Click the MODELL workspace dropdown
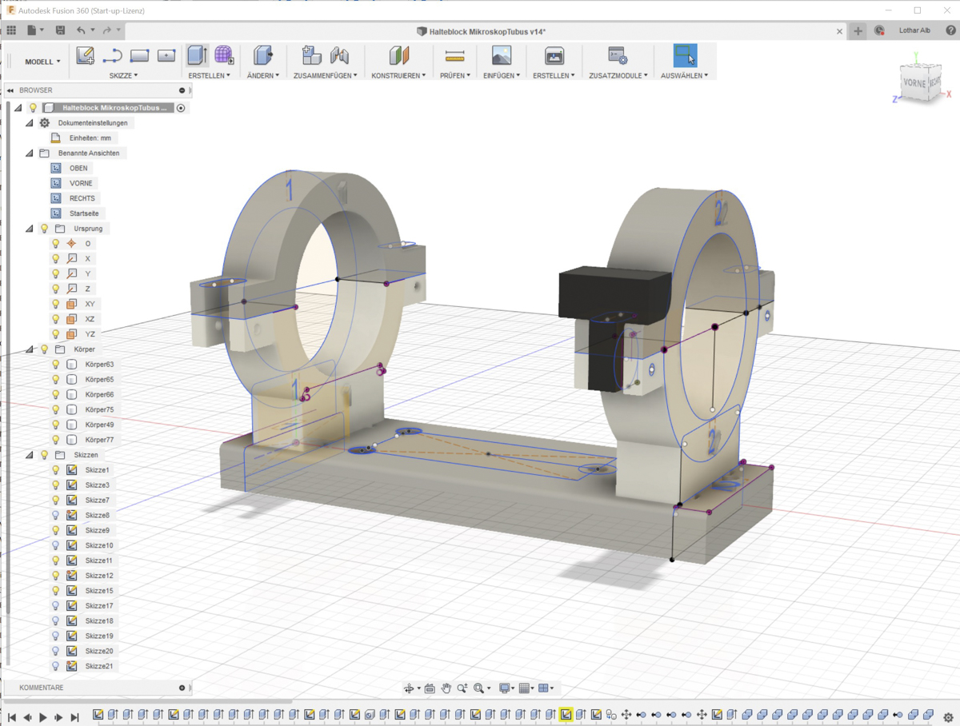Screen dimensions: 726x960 click(42, 62)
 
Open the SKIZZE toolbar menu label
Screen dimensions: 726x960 click(123, 75)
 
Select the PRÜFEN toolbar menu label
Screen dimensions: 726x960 click(454, 75)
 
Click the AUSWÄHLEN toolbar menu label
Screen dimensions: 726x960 click(684, 75)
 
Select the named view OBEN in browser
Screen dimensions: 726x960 click(78, 168)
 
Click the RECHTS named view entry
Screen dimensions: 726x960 click(82, 198)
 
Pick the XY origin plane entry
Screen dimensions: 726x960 click(90, 304)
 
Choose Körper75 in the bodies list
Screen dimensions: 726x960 click(99, 409)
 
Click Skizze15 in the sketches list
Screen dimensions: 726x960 click(99, 591)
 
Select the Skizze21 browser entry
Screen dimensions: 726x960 click(99, 666)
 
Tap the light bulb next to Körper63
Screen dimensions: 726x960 click(56, 365)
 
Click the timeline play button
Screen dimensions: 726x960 click(43, 717)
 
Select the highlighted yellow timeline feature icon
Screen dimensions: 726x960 click(566, 715)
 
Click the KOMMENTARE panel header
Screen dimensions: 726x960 click(42, 688)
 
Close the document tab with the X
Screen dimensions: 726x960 click(839, 31)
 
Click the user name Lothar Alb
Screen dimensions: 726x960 click(914, 30)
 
